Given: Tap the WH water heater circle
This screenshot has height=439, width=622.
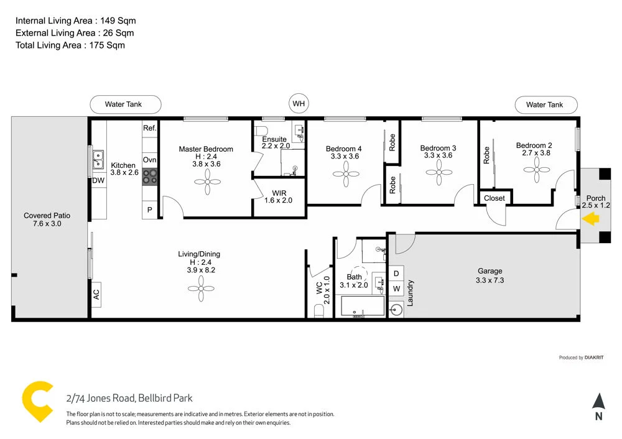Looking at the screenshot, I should pos(299,104).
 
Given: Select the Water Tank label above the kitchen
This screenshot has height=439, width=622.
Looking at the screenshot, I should pos(125,104).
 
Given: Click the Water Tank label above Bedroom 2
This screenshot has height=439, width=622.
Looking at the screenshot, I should pos(544,104).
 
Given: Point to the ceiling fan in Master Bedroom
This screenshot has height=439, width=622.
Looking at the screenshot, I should pos(207,183).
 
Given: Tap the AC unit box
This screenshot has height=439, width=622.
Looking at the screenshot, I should pos(96,294).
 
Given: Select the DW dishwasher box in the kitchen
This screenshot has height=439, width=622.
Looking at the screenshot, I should pos(98,180).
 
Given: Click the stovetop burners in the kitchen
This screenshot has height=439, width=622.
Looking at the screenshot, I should pos(150,177).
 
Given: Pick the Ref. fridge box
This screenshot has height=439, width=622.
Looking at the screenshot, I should pos(149,128).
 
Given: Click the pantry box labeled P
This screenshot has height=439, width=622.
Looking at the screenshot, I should pos(149,210).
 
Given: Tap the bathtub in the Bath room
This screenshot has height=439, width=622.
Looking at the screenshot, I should pos(363,307).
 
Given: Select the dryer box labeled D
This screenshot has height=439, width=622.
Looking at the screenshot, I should pos(396,273).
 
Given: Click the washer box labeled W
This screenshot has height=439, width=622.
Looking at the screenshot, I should pos(396,289).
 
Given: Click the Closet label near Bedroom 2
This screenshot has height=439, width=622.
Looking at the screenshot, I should pos(494,198).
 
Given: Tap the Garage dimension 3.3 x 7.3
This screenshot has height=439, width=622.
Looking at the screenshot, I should pos(490,280).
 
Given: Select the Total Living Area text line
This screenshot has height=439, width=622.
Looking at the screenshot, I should pos(70,45).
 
